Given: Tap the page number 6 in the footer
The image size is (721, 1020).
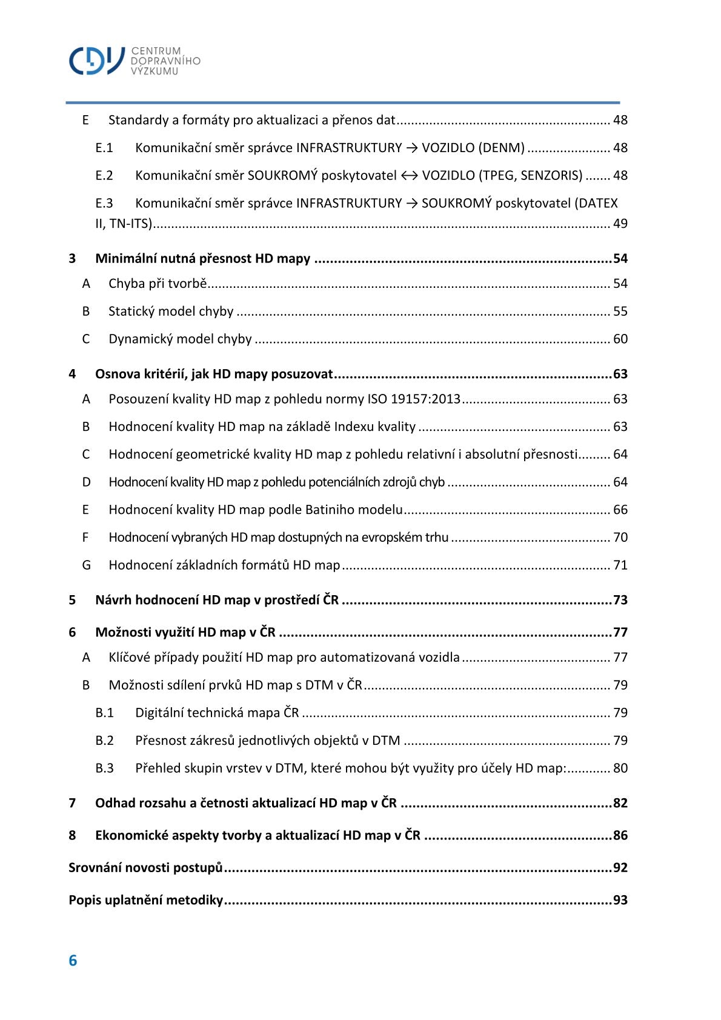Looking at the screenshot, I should coord(73,961).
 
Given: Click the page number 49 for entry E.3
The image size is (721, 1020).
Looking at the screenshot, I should coord(620,224).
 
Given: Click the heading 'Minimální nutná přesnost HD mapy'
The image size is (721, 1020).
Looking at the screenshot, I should coord(202,259).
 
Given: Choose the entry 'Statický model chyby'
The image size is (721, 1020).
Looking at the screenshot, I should coord(171,312).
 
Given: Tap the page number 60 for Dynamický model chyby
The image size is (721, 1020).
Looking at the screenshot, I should coord(620,339).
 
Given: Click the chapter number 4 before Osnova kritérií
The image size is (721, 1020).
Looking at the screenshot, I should coord(72,375).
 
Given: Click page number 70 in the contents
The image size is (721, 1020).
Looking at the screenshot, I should coord(620,538).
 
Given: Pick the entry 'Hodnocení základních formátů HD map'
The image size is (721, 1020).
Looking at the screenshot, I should coord(224,565).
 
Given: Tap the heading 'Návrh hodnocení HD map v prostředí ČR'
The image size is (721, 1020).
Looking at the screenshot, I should coord(217,601).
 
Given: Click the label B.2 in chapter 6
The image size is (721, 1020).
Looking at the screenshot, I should coord(104,741).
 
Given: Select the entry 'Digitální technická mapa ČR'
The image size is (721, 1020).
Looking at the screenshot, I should coord(217,713).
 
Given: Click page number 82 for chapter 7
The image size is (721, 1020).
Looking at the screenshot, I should coord(620,804).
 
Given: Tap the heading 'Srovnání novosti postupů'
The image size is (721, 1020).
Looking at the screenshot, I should coord(145,868).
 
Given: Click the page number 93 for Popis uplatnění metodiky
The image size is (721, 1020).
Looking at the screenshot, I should coord(620,901).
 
